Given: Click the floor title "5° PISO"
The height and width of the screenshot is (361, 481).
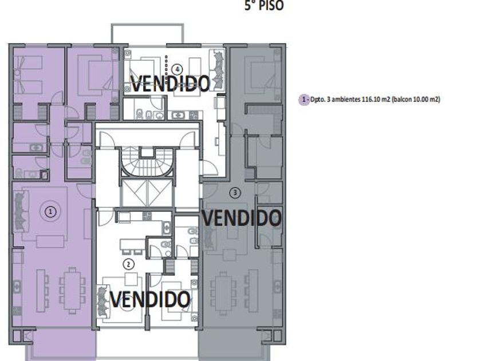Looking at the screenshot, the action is click(264, 6).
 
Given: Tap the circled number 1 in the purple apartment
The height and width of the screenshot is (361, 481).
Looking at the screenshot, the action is click(50, 211).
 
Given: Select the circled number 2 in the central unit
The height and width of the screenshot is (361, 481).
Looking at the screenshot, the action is click(128, 264).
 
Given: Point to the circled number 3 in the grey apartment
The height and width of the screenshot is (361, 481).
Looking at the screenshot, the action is click(235, 193).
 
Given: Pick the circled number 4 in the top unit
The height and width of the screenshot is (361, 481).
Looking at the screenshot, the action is click(177, 69).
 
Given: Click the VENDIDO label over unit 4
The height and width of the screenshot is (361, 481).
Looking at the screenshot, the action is click(171, 84).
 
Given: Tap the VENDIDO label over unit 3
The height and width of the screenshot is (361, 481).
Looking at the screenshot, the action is click(242, 218).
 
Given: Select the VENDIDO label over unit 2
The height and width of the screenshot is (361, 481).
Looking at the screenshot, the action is click(150, 299).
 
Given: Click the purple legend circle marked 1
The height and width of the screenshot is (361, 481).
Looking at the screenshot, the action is click(304, 100).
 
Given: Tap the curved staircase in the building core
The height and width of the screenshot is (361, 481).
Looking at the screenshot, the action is click(147, 162).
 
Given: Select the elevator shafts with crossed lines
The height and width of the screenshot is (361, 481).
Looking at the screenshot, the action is click(147, 193).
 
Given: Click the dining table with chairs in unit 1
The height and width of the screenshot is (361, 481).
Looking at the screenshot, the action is click(72, 291).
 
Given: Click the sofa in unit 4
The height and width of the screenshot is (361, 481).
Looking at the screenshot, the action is click(216, 70).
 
